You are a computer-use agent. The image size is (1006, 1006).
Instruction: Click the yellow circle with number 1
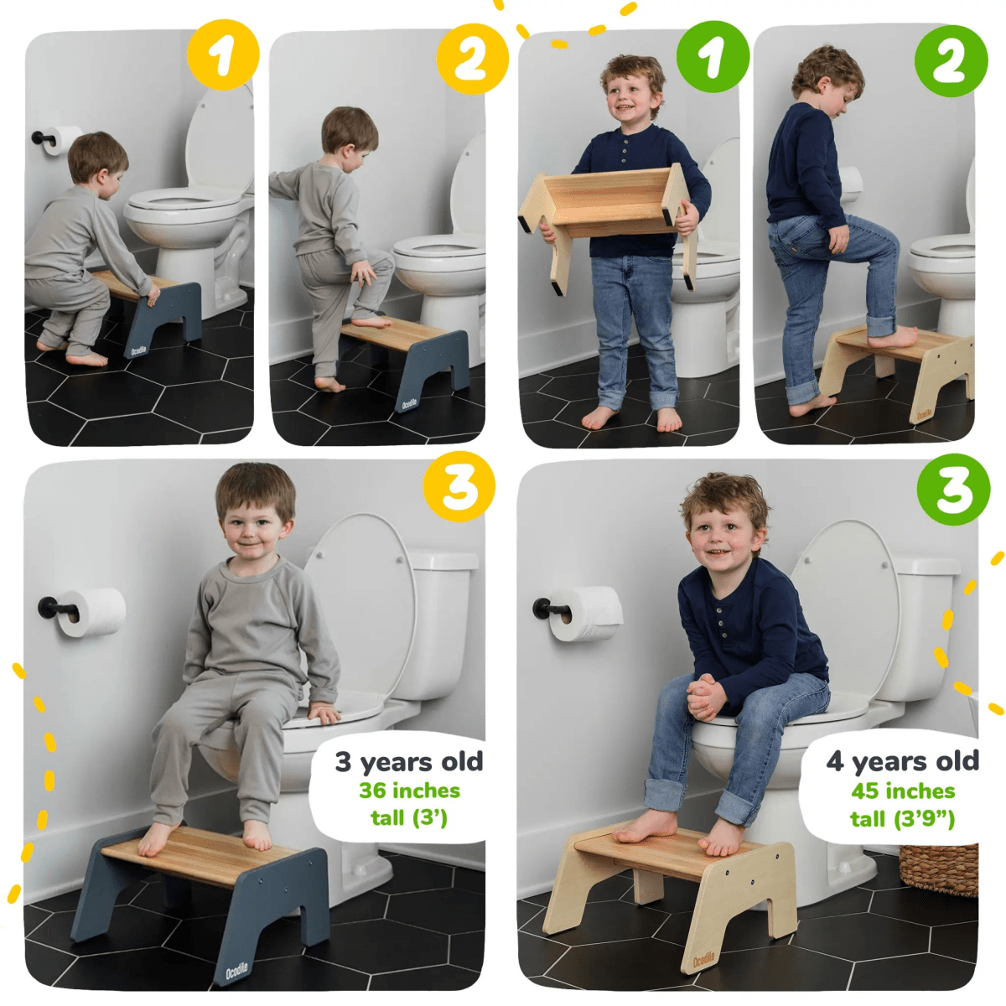coord(223,56)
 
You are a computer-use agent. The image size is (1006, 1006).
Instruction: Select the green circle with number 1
coord(713,57)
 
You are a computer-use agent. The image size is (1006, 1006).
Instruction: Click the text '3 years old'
coord(409,761)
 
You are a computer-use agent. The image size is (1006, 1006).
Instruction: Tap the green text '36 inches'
coord(409,791)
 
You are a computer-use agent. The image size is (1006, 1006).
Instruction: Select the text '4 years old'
coord(902,761)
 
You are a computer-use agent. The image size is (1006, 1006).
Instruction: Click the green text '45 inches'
coord(902,791)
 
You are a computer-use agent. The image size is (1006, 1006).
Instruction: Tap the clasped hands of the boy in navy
coord(706,696)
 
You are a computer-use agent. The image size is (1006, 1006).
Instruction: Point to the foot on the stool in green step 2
coord(893,338)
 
